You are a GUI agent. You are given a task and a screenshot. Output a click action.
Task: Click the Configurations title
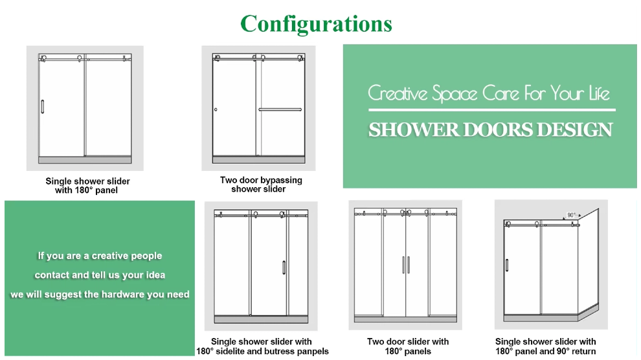click(x=316, y=24)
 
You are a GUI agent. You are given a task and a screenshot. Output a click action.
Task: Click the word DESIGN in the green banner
click(x=569, y=129)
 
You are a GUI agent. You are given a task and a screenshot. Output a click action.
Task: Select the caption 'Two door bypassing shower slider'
click(x=261, y=185)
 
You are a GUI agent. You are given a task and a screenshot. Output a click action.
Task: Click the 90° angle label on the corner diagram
click(x=571, y=215)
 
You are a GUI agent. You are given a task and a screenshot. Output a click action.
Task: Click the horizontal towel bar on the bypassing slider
click(x=280, y=109)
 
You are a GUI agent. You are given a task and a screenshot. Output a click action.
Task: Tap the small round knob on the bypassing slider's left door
click(x=216, y=110)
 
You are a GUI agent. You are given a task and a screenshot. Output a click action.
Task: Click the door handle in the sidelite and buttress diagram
click(x=284, y=270)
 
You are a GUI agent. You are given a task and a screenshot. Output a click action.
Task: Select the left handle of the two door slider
click(x=403, y=265)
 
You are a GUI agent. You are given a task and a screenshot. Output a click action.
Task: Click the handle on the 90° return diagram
click(x=507, y=266)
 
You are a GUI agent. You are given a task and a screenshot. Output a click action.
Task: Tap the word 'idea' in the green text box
click(x=153, y=275)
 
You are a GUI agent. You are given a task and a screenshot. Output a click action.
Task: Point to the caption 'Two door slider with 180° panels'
click(x=408, y=346)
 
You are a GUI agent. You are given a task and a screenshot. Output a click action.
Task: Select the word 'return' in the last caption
click(x=583, y=352)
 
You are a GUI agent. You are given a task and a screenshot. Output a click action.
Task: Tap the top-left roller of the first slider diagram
click(x=43, y=58)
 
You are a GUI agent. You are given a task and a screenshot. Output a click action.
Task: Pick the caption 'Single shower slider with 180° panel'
click(x=87, y=186)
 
